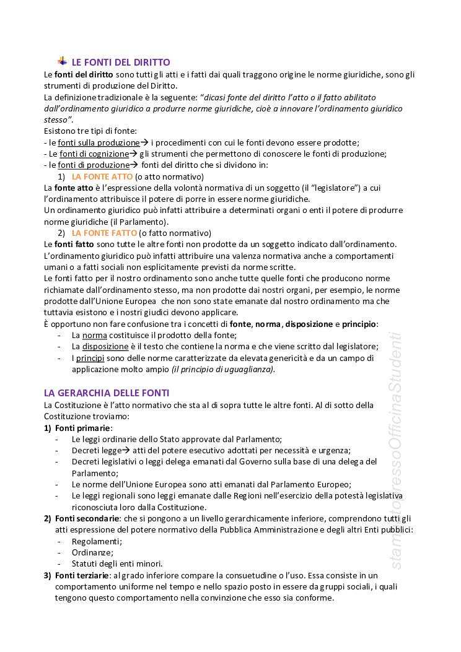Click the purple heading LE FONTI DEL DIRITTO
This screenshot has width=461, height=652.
pyautogui.click(x=121, y=63)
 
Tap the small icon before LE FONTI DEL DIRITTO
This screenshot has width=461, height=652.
pyautogui.click(x=63, y=61)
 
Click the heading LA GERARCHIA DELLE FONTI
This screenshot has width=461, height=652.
pyautogui.click(x=107, y=393)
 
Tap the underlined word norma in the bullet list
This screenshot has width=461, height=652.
pyautogui.click(x=95, y=335)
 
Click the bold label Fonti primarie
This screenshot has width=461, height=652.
pyautogui.click(x=83, y=428)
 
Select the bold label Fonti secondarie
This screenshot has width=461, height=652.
pyautogui.click(x=87, y=518)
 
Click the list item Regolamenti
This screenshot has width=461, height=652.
pyautogui.click(x=97, y=541)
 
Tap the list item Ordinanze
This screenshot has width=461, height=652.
pyautogui.click(x=92, y=552)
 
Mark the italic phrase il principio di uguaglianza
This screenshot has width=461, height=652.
pyautogui.click(x=223, y=369)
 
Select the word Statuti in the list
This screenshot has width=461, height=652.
pyautogui.click(x=86, y=563)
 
